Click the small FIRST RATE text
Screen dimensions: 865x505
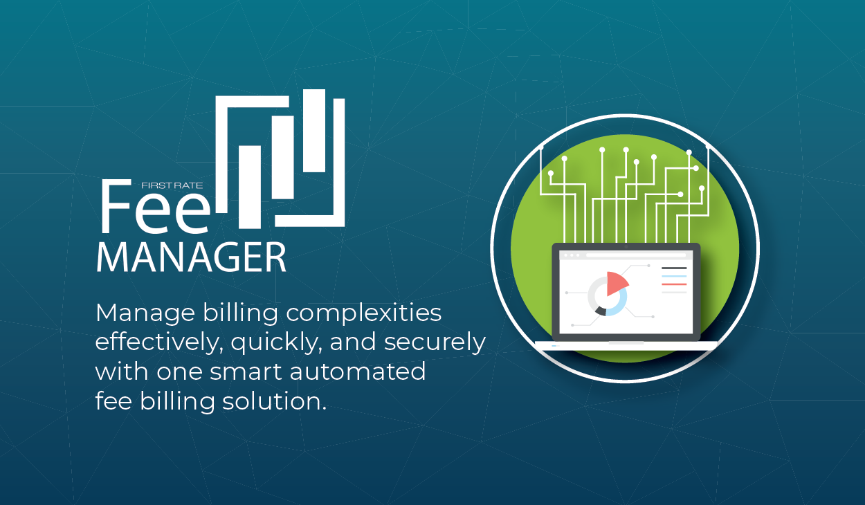pyautogui.click(x=172, y=185)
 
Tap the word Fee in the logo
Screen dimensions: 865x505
pyautogui.click(x=156, y=207)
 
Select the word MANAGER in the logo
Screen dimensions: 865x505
pyautogui.click(x=192, y=257)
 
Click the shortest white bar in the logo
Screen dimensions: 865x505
pyautogui.click(x=250, y=187)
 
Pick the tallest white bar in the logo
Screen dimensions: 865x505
pyautogui.click(x=314, y=131)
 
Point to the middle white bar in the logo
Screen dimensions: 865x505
pyautogui.click(x=282, y=158)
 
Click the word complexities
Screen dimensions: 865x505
pyautogui.click(x=364, y=314)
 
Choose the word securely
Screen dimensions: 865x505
pyautogui.click(x=435, y=344)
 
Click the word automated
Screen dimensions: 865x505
pyautogui.click(x=358, y=371)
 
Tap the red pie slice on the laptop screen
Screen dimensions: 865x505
pyautogui.click(x=616, y=283)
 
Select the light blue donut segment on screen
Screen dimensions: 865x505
pyautogui.click(x=620, y=304)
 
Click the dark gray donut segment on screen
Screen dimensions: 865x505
pyautogui.click(x=601, y=311)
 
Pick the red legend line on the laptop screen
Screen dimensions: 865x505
pyautogui.click(x=674, y=284)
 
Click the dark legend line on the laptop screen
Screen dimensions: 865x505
pyautogui.click(x=674, y=268)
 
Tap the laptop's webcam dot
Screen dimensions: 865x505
pyautogui.click(x=626, y=247)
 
